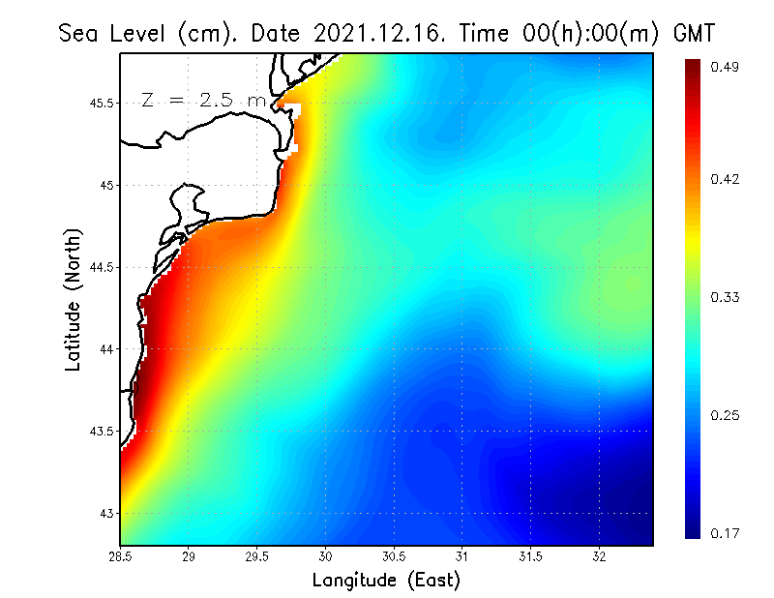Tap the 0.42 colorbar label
pyautogui.click(x=727, y=179)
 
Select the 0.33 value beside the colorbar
pyautogui.click(x=727, y=297)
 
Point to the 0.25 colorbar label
pyautogui.click(x=727, y=415)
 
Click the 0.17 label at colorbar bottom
pyautogui.click(x=727, y=533)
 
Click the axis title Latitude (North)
pyautogui.click(x=74, y=299)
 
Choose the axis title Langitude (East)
pyautogui.click(x=386, y=581)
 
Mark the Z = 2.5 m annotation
pyautogui.click(x=204, y=99)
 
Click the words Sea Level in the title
pyautogui.click(x=114, y=33)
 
